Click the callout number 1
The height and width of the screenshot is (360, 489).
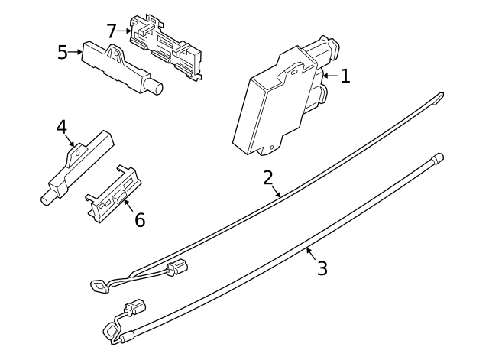click(x=345, y=76)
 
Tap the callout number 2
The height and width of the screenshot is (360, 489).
click(x=268, y=178)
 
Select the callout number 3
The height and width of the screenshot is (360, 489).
click(x=322, y=268)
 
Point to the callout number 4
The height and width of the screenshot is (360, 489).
click(x=61, y=128)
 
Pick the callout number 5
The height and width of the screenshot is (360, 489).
click(x=63, y=53)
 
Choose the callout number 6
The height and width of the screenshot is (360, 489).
click(x=140, y=219)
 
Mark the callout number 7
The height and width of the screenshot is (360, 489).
click(x=112, y=31)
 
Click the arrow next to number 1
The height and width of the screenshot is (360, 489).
click(x=330, y=76)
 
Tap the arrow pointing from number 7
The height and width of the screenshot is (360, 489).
click(x=124, y=31)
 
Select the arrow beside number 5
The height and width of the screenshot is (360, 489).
click(x=75, y=52)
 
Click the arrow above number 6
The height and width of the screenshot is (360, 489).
click(x=128, y=206)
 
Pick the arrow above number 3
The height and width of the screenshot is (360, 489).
click(x=311, y=254)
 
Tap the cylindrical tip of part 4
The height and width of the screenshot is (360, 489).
click(x=48, y=198)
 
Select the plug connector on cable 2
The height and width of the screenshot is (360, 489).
click(x=177, y=267)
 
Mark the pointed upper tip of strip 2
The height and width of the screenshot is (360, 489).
click(x=442, y=94)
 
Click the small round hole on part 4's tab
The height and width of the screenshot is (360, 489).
click(x=78, y=152)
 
